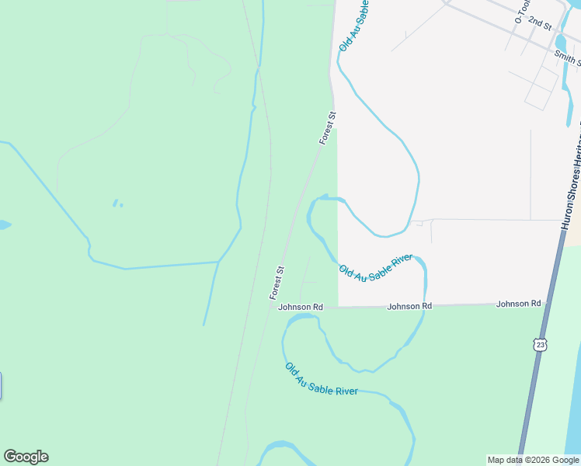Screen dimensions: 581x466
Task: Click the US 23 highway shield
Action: [x=541, y=343]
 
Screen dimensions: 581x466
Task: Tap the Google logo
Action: [x=26, y=457]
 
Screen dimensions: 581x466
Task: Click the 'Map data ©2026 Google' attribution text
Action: [x=534, y=460]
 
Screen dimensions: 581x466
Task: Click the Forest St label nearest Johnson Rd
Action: [x=277, y=283]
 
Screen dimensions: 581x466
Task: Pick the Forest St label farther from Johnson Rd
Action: [x=328, y=128]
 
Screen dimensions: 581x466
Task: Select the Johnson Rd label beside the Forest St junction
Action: [x=301, y=308]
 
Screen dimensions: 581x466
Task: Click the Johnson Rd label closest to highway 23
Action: [x=518, y=304]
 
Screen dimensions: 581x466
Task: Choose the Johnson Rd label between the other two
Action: [x=409, y=307]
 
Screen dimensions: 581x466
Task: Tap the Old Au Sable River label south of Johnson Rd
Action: [x=321, y=380]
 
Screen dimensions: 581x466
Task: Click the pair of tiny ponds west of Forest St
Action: [x=117, y=203]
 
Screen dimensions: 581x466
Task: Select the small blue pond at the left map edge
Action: [x=4, y=225]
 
